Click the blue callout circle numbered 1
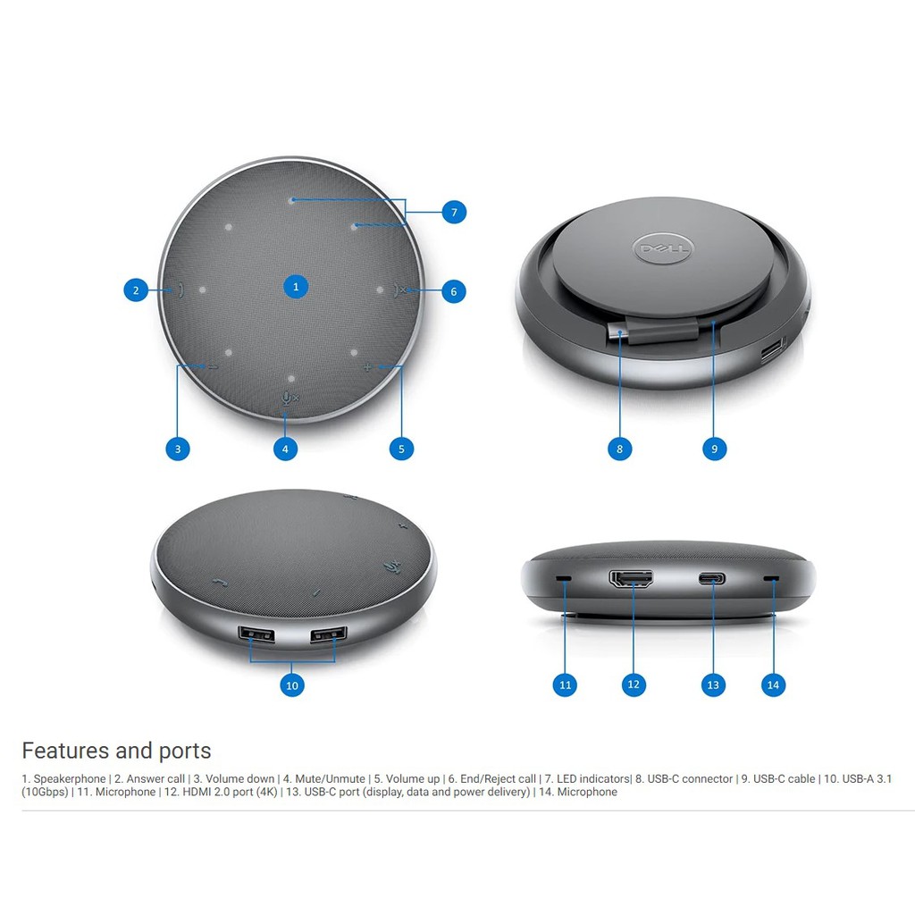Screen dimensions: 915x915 pos(296,287)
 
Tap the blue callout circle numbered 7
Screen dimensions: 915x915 pos(454,213)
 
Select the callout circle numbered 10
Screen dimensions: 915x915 pos(292,685)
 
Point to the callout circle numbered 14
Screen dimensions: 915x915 pos(773,684)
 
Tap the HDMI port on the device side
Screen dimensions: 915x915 pos(632,578)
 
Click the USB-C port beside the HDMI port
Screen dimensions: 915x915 pos(712,578)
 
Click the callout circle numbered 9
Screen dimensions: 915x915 pos(714,449)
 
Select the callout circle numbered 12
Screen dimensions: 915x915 pos(634,684)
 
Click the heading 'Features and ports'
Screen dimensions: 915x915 pos(116,751)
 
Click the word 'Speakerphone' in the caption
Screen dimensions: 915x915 pos(70,778)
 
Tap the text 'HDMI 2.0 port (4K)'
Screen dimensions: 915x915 pos(230,792)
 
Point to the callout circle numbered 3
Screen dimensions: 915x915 pos(178,449)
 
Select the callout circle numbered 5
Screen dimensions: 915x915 pos(401,449)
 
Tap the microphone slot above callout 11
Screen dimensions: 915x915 pos(564,578)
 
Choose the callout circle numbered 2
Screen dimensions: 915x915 pos(136,290)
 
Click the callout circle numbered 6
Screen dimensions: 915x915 pos(453,291)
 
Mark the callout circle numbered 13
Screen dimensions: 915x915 pos(713,684)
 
